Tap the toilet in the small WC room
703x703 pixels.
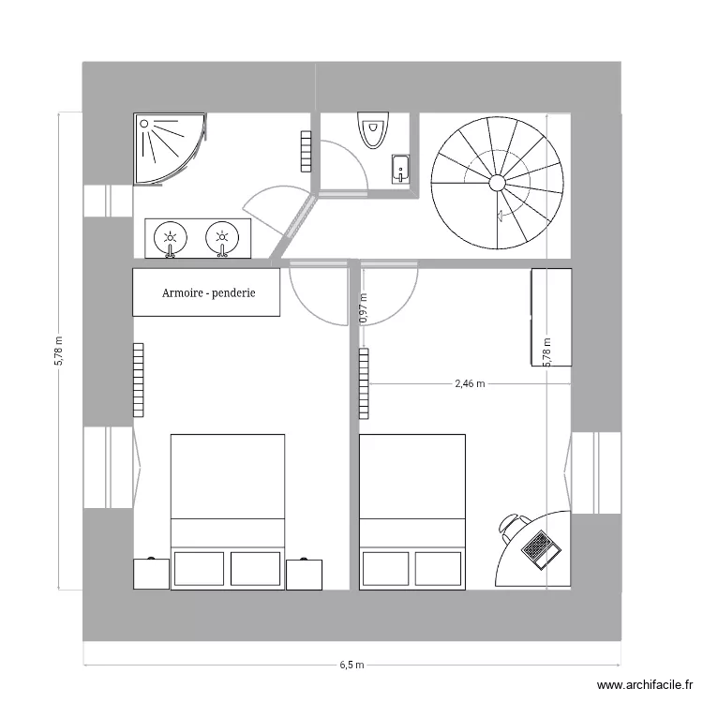[372, 129]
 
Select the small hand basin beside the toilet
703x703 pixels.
[401, 168]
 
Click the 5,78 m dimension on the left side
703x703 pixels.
[58, 351]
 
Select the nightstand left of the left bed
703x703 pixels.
[151, 574]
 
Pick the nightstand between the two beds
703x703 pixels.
[305, 574]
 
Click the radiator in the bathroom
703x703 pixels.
[306, 151]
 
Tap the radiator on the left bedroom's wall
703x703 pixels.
[139, 379]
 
